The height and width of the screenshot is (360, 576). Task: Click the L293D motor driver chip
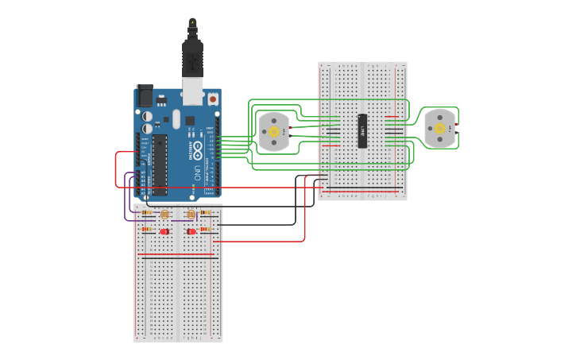[362, 130]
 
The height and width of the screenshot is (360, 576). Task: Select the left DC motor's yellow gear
[274, 131]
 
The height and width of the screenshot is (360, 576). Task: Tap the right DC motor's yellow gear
[439, 128]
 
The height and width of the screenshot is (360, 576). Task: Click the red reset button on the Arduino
[213, 99]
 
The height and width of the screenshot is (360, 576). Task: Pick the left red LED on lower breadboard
[164, 231]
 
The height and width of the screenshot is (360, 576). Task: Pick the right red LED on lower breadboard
[192, 231]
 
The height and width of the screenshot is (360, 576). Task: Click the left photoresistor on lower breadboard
[164, 215]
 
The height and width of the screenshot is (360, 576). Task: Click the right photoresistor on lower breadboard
[191, 215]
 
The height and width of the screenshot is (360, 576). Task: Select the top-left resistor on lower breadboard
[146, 213]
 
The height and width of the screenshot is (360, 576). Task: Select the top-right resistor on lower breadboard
[206, 213]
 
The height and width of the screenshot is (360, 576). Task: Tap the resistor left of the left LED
[147, 230]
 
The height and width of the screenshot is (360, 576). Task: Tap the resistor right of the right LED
[206, 230]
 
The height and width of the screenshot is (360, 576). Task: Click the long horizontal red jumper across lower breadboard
[177, 256]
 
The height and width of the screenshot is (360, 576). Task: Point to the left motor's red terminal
[292, 127]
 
